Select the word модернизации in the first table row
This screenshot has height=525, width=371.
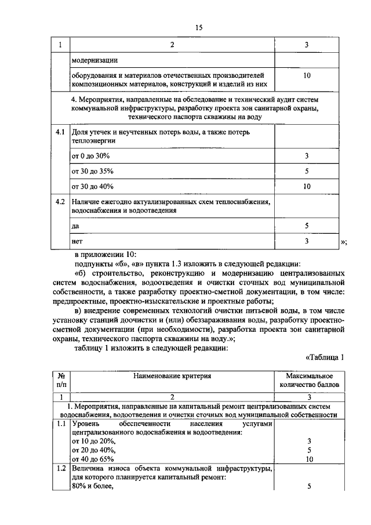click(x=95, y=60)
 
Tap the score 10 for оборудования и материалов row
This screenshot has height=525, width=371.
click(x=307, y=76)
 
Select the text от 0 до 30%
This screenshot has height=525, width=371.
click(x=90, y=157)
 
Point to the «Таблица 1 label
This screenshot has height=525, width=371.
click(x=325, y=357)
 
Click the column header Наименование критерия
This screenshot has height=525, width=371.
click(x=172, y=376)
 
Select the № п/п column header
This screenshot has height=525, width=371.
click(x=60, y=380)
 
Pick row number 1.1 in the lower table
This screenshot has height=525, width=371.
click(x=60, y=425)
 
